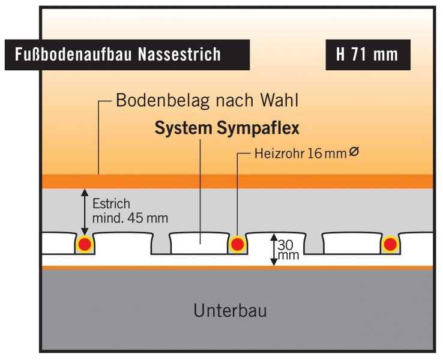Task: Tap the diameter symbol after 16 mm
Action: click(354, 153)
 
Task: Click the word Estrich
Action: click(111, 204)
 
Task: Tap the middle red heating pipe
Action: click(238, 244)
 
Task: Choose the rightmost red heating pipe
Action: click(391, 244)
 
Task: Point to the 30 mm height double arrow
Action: click(273, 250)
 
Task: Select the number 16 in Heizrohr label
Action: click(313, 154)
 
